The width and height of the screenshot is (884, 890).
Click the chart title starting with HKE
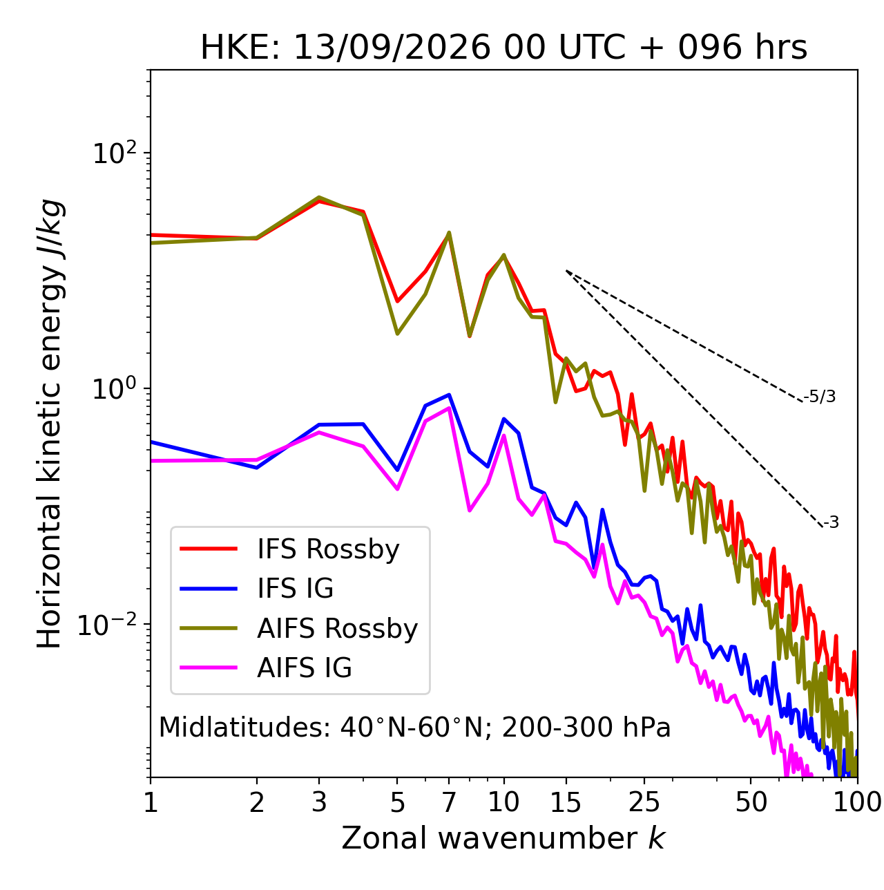pos(503,47)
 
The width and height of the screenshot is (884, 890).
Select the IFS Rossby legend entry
pos(289,549)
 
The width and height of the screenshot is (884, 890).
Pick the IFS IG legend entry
pos(256,589)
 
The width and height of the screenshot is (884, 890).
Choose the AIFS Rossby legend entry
pos(298,628)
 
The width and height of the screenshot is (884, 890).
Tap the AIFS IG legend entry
pos(265,667)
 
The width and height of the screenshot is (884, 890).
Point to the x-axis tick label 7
pos(449,802)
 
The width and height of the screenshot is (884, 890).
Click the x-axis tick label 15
pos(566,802)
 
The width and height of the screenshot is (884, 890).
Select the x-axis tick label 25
pos(644,802)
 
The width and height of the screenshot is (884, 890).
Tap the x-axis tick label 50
pos(751,802)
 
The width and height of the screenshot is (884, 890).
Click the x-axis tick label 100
pos(857,802)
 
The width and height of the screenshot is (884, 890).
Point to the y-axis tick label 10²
pos(115,153)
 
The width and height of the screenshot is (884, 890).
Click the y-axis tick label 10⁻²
pos(108,624)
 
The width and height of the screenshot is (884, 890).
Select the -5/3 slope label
pos(819,397)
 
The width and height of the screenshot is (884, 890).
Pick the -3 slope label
pos(832,523)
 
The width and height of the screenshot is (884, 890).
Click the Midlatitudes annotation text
pos(414,728)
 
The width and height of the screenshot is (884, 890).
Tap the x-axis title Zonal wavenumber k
pos(503,838)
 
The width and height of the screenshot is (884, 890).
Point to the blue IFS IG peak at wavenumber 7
pos(449,395)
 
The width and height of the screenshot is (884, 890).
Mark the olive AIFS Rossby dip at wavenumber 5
pos(397,334)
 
